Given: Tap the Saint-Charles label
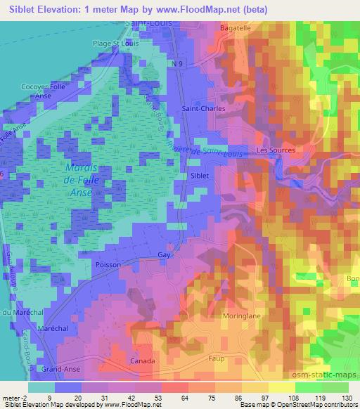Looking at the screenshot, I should (x=198, y=109).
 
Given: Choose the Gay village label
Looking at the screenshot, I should (x=165, y=254).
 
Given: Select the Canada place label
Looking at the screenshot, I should (x=143, y=361).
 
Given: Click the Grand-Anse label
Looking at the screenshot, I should (x=60, y=368).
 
